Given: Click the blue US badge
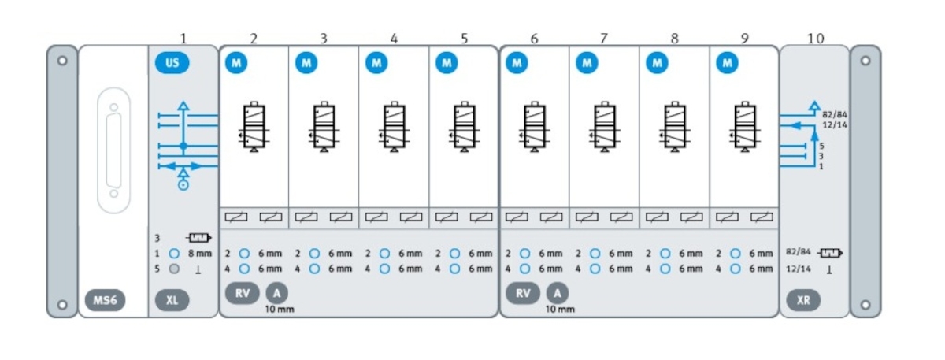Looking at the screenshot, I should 172,62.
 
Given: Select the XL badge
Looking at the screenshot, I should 172,300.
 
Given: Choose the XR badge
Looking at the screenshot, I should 803,300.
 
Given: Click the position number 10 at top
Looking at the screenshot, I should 816,38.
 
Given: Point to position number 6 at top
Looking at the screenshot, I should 535,38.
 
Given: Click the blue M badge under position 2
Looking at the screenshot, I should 235,62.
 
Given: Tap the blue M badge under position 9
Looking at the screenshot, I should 727,62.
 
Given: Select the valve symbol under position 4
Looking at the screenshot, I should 393,126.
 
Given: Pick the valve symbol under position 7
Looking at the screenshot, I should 604,126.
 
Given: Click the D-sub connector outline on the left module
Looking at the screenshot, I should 113,149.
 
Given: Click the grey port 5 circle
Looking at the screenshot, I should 175,269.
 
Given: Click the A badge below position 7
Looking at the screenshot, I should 558,292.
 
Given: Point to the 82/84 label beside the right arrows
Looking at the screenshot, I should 834,115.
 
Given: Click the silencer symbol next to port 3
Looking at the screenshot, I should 199,237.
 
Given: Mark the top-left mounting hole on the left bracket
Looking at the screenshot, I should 62,60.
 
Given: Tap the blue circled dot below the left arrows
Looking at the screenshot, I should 183,185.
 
